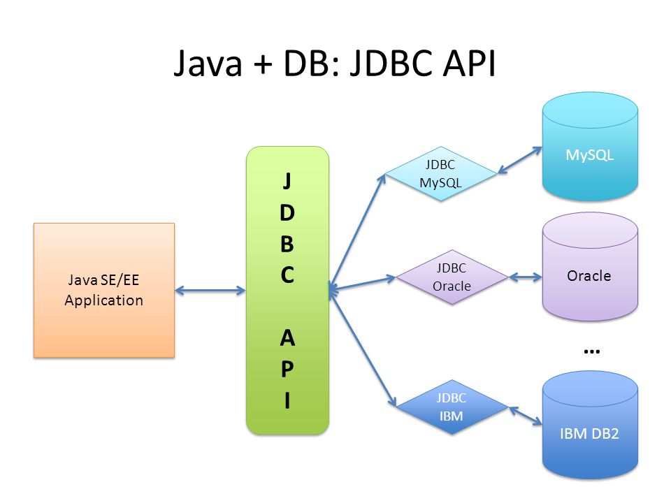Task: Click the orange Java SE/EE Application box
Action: [104, 290]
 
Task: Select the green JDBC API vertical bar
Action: [287, 291]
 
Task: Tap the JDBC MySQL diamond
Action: [441, 174]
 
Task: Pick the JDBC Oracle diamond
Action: [452, 277]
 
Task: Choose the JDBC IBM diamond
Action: [452, 407]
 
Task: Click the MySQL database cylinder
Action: [590, 147]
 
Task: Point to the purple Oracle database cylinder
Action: [590, 267]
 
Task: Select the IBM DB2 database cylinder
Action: [590, 425]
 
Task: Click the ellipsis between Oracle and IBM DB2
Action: [592, 351]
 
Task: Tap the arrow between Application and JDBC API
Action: [210, 291]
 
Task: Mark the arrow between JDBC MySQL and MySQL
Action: [520, 161]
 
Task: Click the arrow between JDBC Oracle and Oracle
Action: [526, 277]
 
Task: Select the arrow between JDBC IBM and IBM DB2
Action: [526, 416]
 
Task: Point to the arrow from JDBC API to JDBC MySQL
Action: [357, 232]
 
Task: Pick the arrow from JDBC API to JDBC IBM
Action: [363, 347]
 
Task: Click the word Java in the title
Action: [208, 64]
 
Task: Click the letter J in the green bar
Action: [287, 180]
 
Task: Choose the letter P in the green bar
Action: [287, 369]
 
